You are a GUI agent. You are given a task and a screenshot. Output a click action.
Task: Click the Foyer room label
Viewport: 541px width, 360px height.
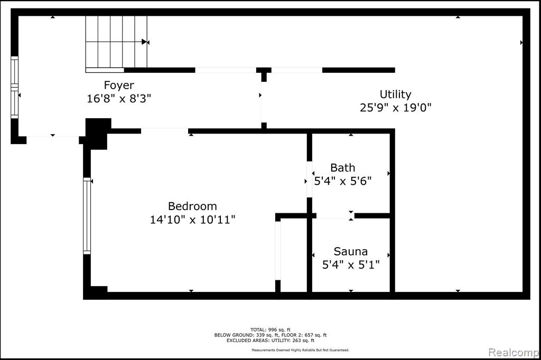tap(119, 85)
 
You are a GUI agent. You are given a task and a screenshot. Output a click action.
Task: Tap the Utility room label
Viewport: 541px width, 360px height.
tap(395, 94)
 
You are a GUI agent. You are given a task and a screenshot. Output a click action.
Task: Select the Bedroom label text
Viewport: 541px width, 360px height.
tap(192, 206)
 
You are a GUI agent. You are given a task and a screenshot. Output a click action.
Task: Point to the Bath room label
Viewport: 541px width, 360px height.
tap(342, 167)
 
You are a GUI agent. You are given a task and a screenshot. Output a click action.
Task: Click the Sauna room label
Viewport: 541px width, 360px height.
tap(351, 251)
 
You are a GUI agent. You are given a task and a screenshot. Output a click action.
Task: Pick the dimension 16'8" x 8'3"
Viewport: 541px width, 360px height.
tap(119, 99)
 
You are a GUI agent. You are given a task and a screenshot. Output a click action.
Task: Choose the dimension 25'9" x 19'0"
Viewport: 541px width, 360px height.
tap(395, 108)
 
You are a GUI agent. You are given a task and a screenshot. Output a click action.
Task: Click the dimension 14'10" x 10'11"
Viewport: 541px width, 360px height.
tap(192, 219)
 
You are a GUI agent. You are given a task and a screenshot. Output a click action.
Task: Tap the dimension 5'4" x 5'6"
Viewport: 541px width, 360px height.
tap(342, 181)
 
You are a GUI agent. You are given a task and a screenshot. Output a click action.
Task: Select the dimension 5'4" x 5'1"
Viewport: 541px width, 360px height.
tap(351, 265)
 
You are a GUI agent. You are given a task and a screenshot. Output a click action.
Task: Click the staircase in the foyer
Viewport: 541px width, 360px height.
tap(116, 42)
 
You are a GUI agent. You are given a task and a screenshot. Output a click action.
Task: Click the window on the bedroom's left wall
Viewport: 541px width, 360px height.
tap(87, 216)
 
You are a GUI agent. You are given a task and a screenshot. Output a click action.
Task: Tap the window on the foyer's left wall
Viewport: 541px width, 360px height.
tap(14, 88)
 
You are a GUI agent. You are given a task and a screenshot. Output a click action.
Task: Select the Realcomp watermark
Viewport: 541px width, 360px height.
tap(514, 353)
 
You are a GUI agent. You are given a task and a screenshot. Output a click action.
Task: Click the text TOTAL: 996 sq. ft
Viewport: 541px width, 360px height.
tap(270, 330)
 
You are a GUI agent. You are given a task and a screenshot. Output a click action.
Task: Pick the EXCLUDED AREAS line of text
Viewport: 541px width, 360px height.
tap(270, 340)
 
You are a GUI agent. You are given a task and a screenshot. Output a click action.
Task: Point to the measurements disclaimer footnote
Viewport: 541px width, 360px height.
tap(300, 350)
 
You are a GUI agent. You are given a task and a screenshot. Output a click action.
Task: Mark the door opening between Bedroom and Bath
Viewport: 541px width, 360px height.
tap(310, 179)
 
